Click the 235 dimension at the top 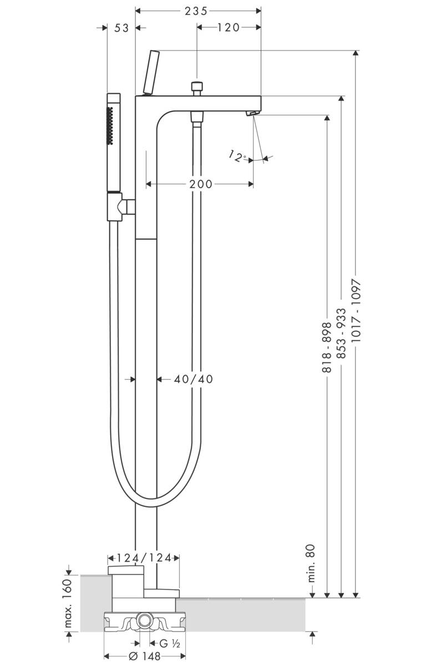197,11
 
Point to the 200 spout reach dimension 200,184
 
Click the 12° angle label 237,157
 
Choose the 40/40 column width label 193,379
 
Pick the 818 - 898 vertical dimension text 327,347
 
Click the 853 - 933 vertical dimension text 341,334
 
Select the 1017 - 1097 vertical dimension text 356,310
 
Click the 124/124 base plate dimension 143,558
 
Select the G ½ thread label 169,644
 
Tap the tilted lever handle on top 151,73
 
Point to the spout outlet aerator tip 252,113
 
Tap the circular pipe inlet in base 145,620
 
